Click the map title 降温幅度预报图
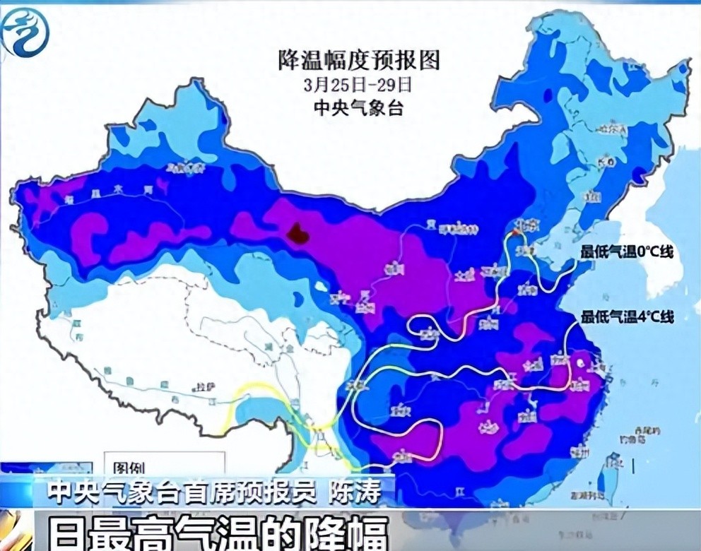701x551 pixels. pos(358,61)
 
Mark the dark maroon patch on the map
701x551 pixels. pos(298,232)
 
